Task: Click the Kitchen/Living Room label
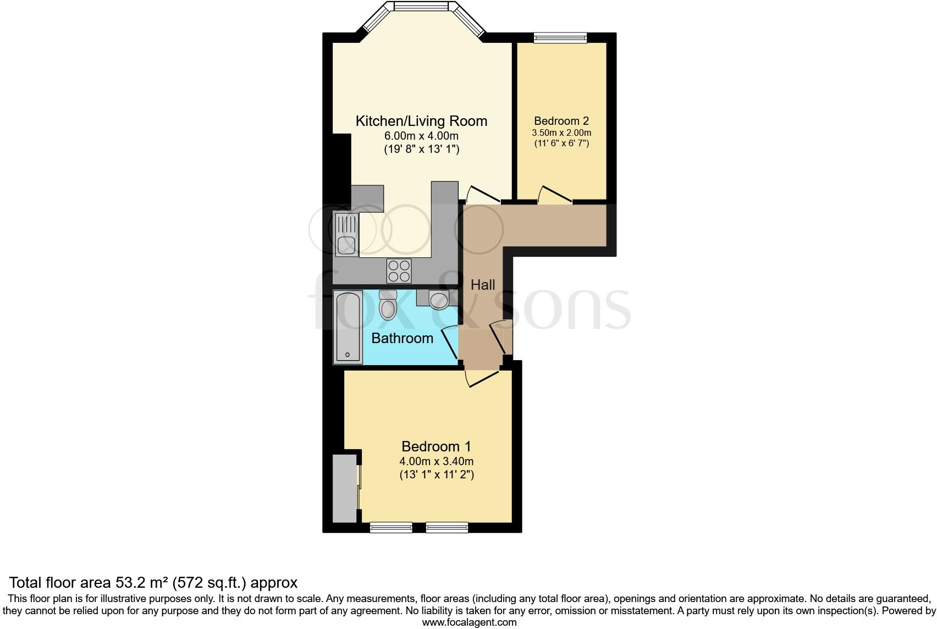point(421,121)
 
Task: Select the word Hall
point(483,285)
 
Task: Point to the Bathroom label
point(402,338)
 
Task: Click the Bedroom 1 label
point(436,446)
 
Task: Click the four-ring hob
point(399,271)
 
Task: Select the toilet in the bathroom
point(388,306)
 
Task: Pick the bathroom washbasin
point(438,299)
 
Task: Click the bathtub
point(348,327)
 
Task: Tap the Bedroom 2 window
point(560,37)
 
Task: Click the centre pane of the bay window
point(422,7)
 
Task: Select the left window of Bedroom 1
point(391,528)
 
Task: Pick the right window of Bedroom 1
point(447,528)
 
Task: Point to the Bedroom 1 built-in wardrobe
point(345,488)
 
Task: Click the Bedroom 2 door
point(555,196)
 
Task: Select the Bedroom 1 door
point(481,378)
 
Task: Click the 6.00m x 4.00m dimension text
point(421,136)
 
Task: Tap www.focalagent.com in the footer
point(469,622)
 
